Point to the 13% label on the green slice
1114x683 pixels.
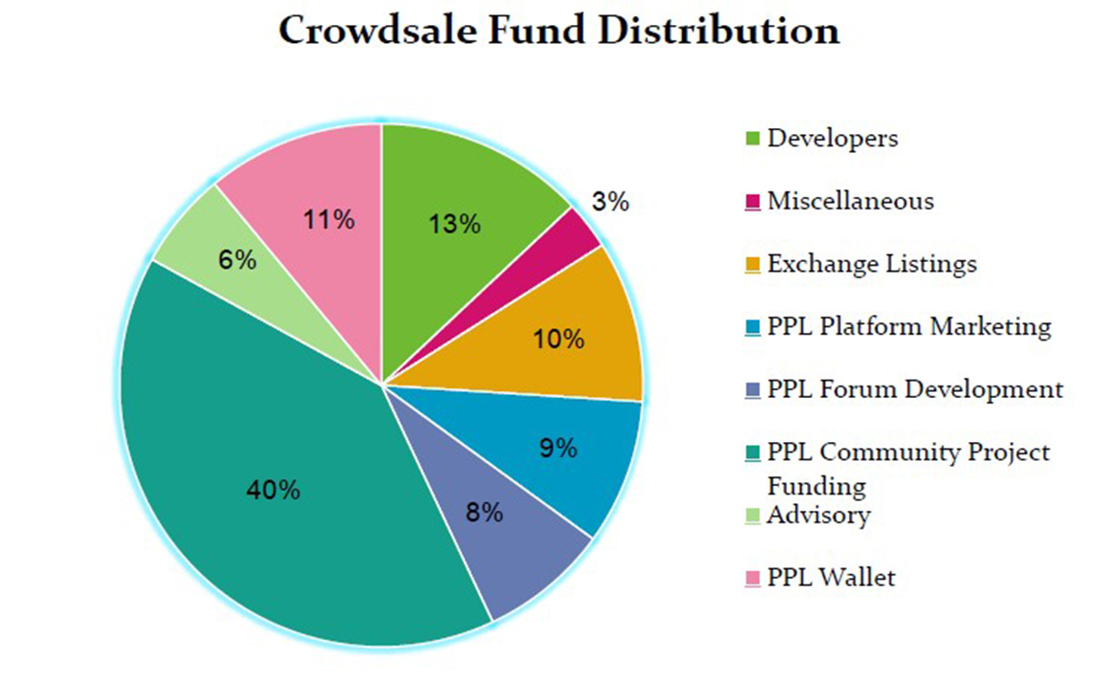point(455,225)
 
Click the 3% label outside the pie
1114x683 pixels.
point(610,202)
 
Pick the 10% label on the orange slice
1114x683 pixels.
point(559,339)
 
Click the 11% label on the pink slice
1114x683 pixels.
point(330,219)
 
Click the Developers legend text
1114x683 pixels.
point(833,138)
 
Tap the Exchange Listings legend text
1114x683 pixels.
point(872,263)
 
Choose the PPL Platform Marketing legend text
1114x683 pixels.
point(909,326)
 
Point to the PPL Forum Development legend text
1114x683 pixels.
point(915,389)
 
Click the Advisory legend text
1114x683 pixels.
point(819,516)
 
